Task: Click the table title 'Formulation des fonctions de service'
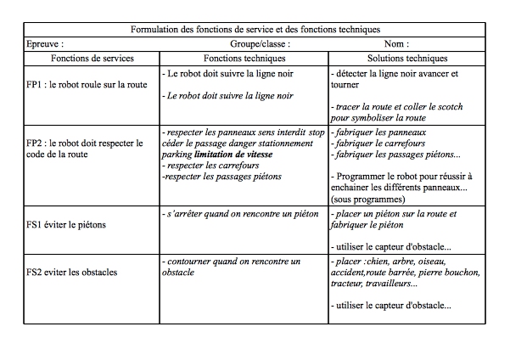click(x=255, y=30)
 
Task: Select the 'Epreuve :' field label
click(x=46, y=43)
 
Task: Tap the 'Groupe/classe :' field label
click(x=261, y=43)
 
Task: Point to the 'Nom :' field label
click(x=395, y=43)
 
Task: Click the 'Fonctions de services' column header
click(x=92, y=58)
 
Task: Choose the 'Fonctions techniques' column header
click(x=245, y=58)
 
